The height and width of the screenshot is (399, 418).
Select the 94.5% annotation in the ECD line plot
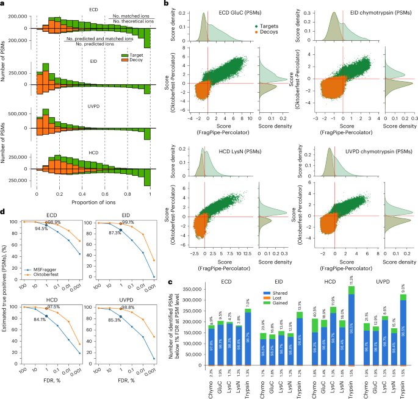[41, 228]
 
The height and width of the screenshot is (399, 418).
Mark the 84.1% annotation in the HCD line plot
[41, 315]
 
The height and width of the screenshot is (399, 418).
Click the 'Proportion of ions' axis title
[93, 202]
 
